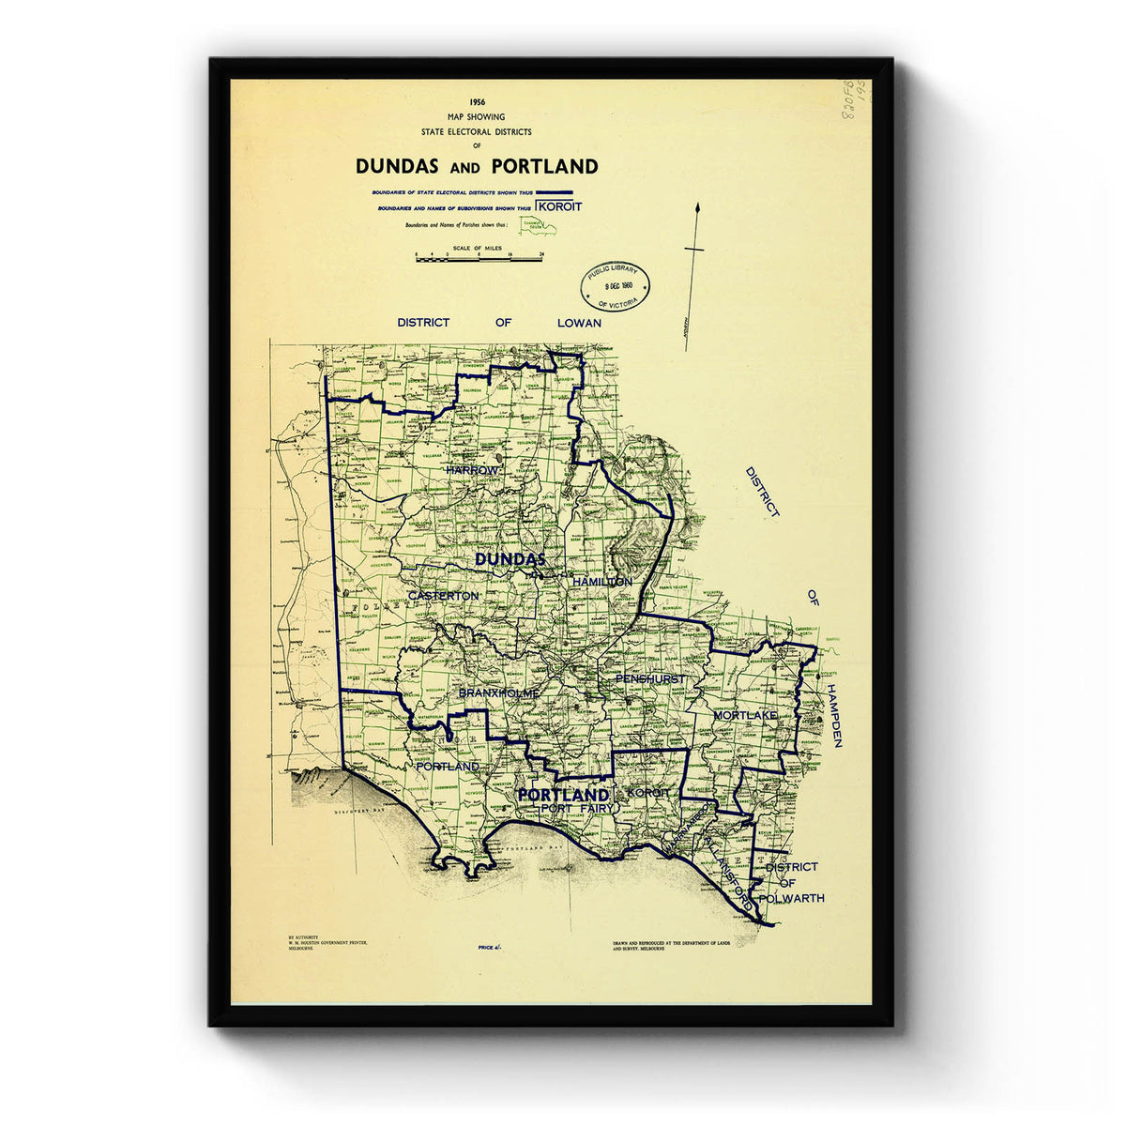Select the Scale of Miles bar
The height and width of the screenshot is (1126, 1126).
pos(478,256)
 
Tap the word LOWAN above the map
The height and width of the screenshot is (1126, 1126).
pos(579,322)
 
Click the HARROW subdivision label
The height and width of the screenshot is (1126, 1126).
pos(473,469)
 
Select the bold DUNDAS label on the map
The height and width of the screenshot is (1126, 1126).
pos(510,559)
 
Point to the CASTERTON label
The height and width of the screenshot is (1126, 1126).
pos(444,596)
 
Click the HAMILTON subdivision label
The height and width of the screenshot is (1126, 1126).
pos(601,582)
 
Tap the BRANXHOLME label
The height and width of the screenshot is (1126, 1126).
pos(498,692)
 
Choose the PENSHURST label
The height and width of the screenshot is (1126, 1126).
pos(650,678)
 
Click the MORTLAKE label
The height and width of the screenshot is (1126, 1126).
pos(745,715)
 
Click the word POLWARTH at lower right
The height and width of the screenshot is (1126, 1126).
pos(794,898)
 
